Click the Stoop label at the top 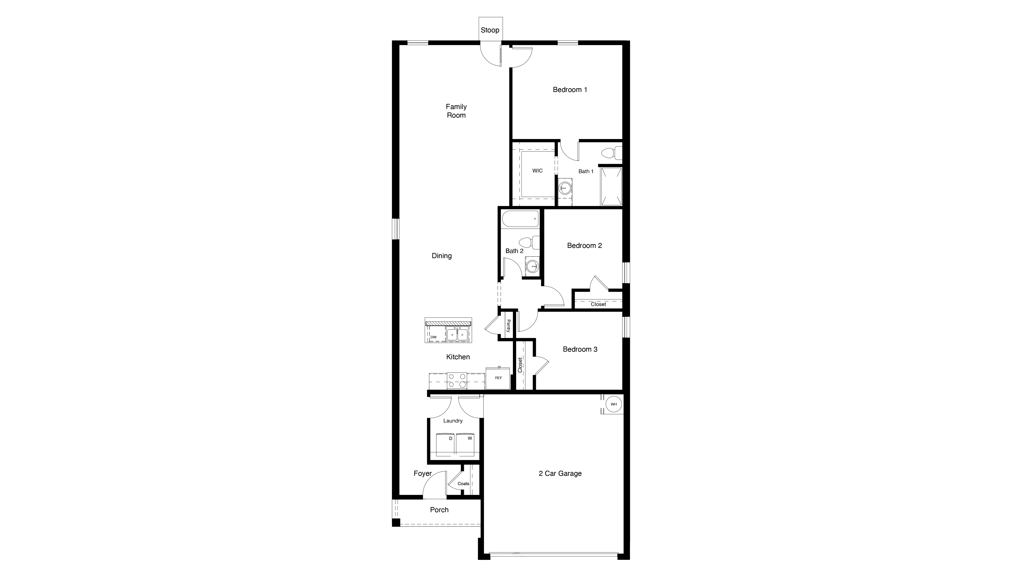point(490,30)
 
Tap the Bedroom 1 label point(570,90)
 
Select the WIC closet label point(537,171)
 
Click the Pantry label point(508,326)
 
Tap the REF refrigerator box point(498,378)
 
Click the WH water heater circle point(613,404)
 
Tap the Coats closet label point(463,484)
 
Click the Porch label point(439,510)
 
